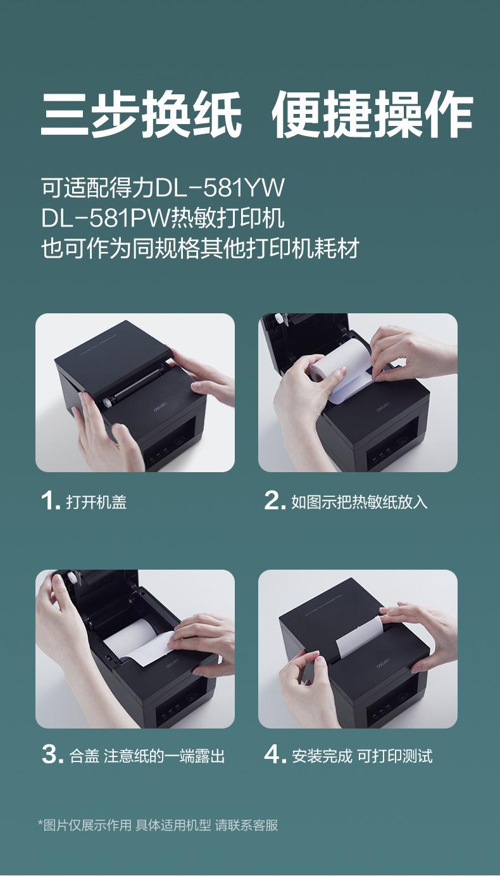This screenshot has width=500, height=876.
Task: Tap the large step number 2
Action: coord(273,501)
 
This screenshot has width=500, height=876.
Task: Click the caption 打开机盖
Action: coord(96,502)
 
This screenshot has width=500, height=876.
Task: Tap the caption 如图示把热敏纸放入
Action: coord(359,502)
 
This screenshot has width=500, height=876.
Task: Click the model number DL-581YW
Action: coord(220,188)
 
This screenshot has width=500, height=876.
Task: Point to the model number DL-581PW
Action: coord(106,218)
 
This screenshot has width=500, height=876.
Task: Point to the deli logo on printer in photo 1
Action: coord(160,406)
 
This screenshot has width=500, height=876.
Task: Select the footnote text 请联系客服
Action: coord(246,825)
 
